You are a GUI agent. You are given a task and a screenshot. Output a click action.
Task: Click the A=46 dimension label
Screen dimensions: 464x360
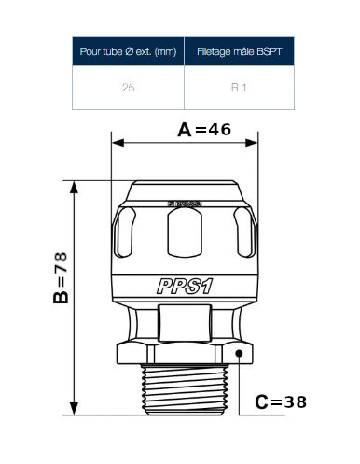click(203, 130)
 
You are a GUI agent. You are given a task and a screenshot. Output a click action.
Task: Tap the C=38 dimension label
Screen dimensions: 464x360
click(280, 402)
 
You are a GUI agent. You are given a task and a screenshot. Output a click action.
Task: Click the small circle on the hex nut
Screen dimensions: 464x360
click(242, 354)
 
